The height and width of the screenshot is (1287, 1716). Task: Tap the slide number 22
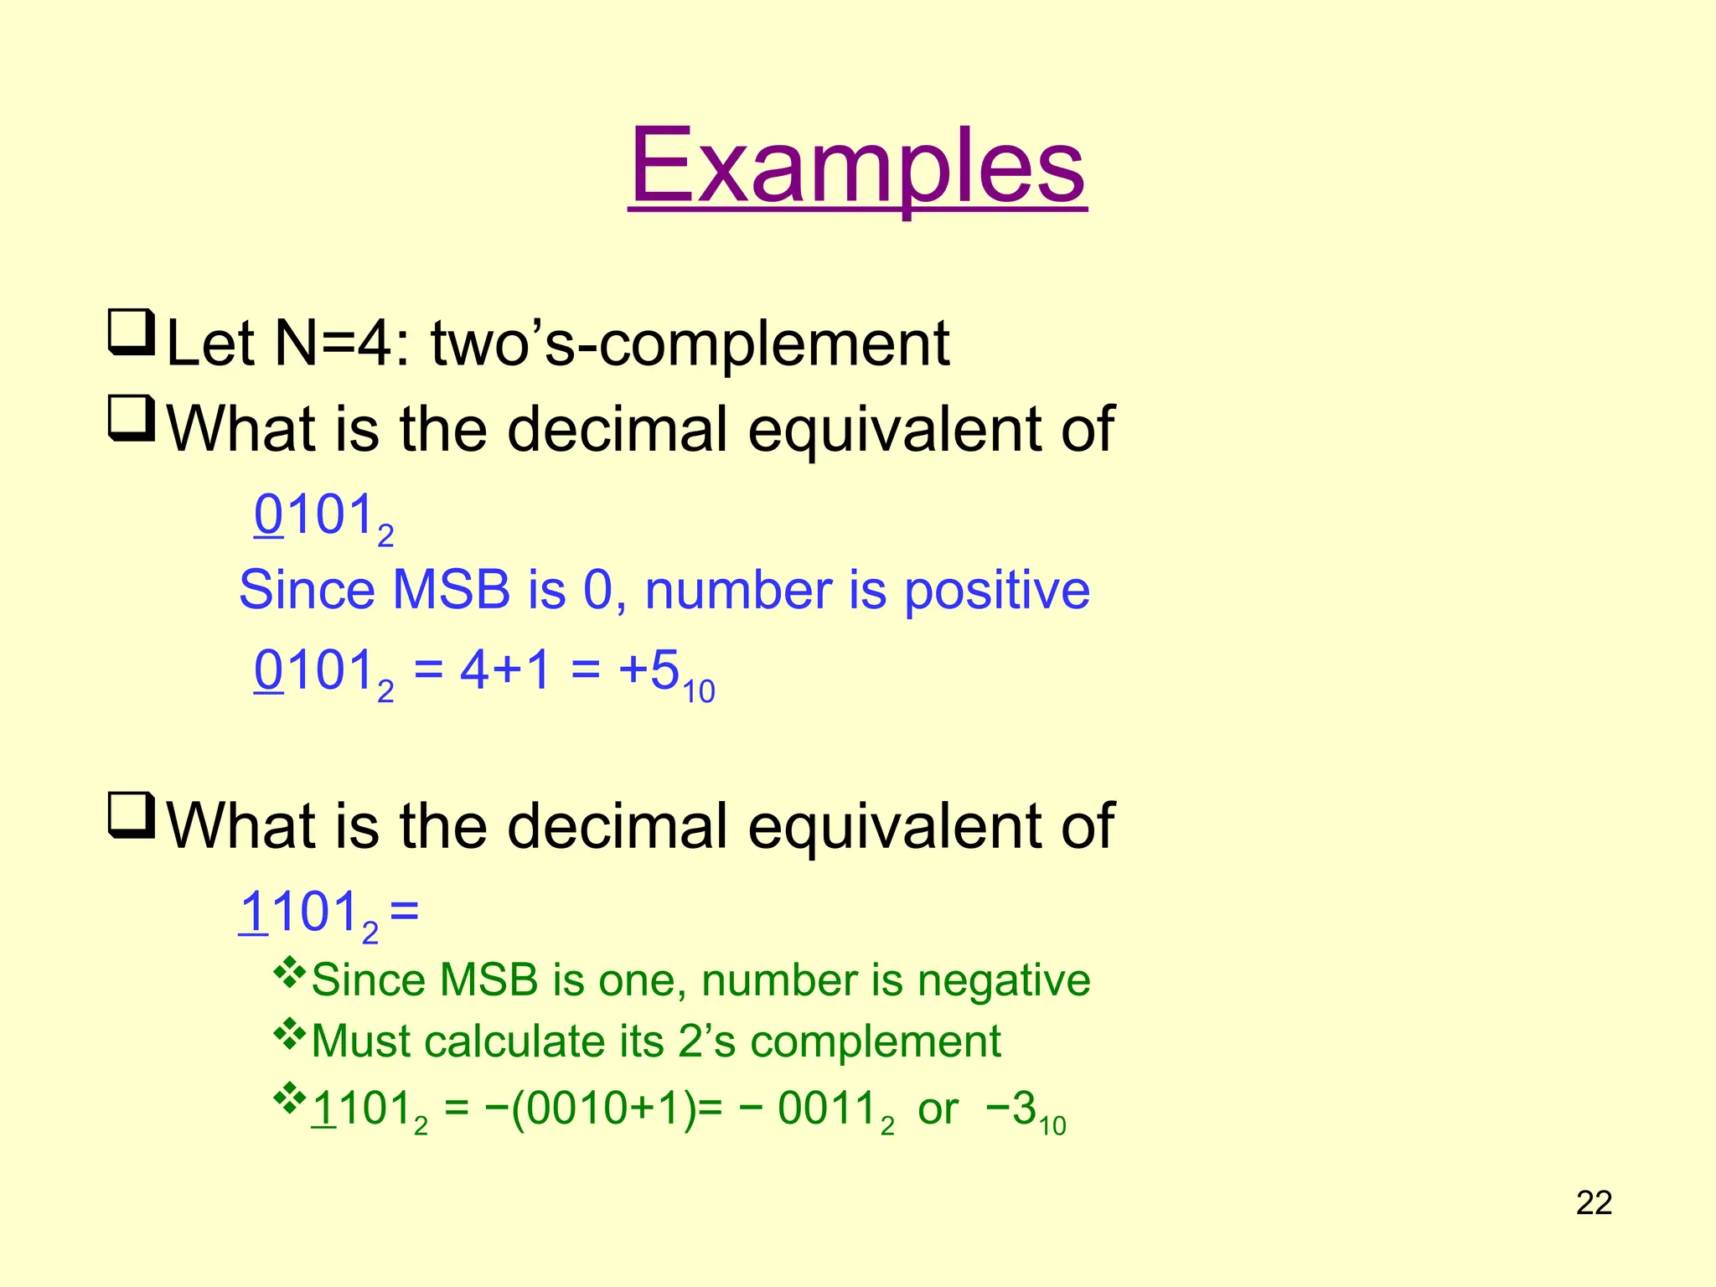(x=1594, y=1203)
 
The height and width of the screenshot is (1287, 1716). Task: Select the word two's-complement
(x=690, y=344)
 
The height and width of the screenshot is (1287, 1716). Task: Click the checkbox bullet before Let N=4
(x=131, y=333)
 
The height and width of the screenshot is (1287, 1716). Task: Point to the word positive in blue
(x=996, y=590)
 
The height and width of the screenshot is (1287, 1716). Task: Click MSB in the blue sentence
(x=451, y=590)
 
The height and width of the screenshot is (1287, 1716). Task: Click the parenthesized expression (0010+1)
(x=603, y=1109)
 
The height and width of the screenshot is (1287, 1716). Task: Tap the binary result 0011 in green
(x=830, y=1109)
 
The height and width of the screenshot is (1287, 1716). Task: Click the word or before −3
(x=938, y=1111)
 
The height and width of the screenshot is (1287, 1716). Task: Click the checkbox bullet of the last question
(x=131, y=815)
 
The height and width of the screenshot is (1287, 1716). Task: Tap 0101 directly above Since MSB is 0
(x=313, y=515)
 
